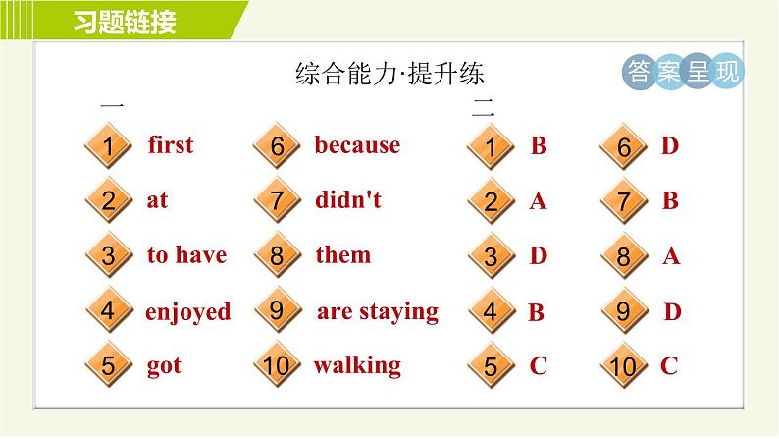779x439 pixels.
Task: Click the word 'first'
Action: (171, 145)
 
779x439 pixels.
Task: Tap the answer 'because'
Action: (357, 145)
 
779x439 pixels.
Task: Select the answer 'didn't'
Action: (348, 200)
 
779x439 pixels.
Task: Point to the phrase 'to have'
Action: (186, 255)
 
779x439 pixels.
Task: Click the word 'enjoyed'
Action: (188, 312)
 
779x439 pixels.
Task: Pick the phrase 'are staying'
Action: (377, 311)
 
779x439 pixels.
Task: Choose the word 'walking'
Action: (357, 365)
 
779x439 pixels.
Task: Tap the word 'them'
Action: (342, 255)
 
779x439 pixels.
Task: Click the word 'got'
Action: (164, 366)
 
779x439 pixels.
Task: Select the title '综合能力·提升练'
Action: (390, 75)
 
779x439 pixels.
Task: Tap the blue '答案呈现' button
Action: (683, 73)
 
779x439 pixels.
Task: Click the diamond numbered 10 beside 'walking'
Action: (277, 367)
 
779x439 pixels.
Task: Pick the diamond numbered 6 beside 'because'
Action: (277, 147)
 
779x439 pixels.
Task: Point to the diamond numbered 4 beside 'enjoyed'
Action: (109, 312)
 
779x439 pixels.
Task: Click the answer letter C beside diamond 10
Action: (669, 366)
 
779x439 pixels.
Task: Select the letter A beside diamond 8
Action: (671, 257)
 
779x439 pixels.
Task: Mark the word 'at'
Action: (157, 200)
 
